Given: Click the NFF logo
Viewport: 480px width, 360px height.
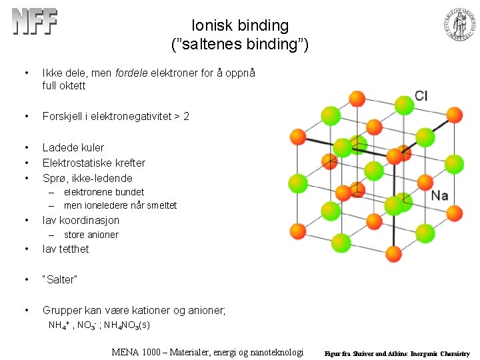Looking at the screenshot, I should [x=35, y=22].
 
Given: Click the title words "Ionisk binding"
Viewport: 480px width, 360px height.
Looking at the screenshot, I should [x=240, y=26].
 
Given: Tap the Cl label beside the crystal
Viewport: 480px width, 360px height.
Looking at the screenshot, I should [x=421, y=96].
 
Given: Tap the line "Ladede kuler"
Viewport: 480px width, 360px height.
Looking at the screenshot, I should [x=73, y=147].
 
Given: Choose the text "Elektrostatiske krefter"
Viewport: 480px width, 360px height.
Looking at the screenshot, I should [x=94, y=163].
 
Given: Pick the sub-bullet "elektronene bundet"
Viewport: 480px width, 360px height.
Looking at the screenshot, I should [x=104, y=192].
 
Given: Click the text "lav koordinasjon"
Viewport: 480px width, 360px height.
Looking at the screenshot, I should [x=81, y=220].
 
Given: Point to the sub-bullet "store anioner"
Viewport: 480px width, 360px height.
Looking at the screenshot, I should [x=91, y=235].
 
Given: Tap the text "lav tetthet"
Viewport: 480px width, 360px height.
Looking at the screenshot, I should [x=65, y=249].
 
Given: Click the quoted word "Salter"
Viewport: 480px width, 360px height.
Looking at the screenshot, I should [x=60, y=280].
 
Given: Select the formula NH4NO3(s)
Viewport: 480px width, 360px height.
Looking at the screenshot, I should [x=126, y=325].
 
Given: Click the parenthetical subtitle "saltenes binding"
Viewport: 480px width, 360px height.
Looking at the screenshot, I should [x=240, y=45].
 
